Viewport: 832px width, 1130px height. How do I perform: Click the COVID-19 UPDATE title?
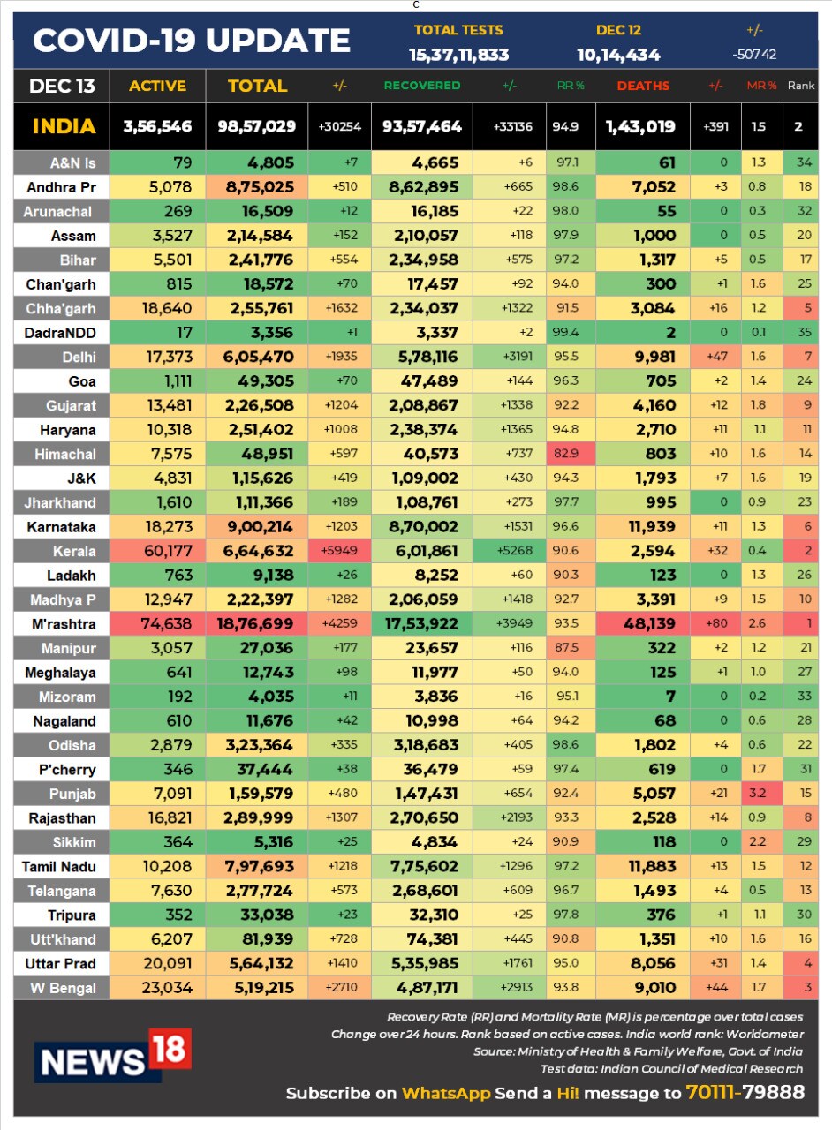coord(192,41)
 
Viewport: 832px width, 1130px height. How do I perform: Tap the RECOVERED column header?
coord(421,86)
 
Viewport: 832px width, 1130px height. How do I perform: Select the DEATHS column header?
coord(643,86)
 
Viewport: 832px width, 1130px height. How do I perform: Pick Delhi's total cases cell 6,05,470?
coord(257,358)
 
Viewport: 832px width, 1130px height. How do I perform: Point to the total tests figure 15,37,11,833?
coord(458,55)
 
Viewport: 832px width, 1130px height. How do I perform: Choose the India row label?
coord(64,126)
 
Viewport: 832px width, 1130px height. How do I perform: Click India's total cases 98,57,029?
coord(256,126)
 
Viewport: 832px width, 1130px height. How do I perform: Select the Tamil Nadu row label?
coord(59,867)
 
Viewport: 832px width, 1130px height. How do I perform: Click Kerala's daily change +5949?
coord(340,551)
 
